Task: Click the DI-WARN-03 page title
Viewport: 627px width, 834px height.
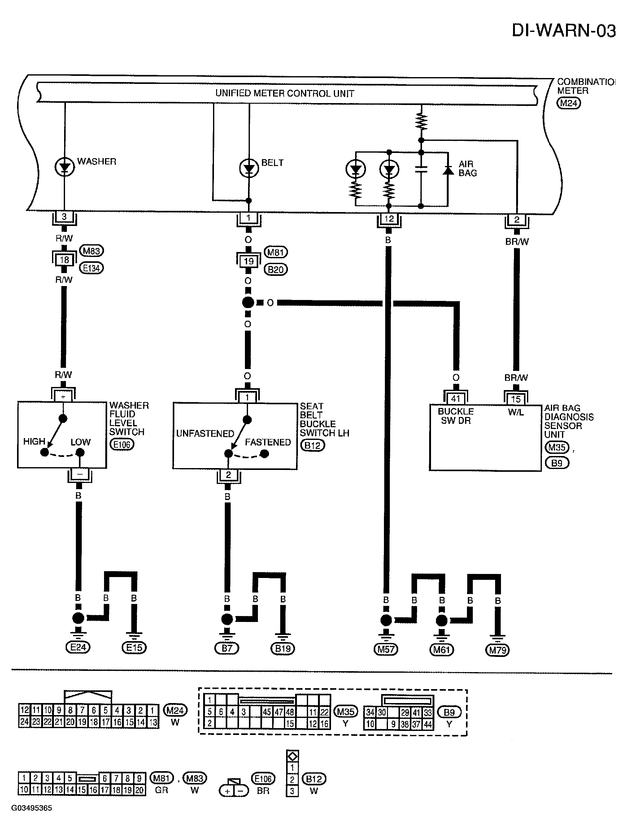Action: [x=564, y=31]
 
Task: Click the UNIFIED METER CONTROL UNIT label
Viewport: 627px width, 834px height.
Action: [x=285, y=93]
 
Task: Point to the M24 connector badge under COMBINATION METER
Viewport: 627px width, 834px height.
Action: [x=568, y=103]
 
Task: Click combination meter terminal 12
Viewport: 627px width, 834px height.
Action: [x=389, y=219]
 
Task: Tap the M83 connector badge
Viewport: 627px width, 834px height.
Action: [x=91, y=251]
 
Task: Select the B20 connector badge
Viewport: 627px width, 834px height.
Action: [x=276, y=269]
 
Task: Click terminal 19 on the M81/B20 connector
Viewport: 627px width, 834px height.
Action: [x=248, y=261]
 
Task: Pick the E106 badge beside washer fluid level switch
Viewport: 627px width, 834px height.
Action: [x=122, y=445]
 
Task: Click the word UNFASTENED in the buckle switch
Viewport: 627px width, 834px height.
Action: [x=205, y=434]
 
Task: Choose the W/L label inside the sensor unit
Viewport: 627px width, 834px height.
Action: [x=516, y=412]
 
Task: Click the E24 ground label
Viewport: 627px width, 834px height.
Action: [x=78, y=647]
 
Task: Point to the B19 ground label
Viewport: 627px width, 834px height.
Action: [x=283, y=649]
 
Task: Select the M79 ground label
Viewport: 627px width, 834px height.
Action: [x=497, y=649]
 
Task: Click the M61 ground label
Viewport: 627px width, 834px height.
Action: [x=442, y=649]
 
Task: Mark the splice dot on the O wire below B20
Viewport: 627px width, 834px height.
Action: [x=248, y=302]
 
